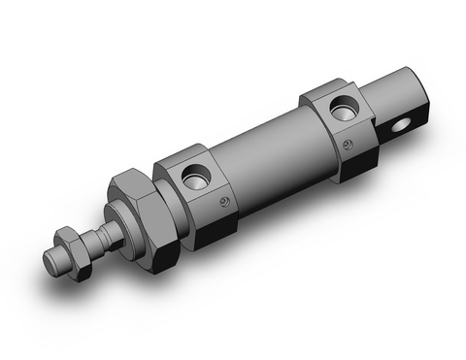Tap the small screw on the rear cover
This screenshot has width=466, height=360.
[x=348, y=145]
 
